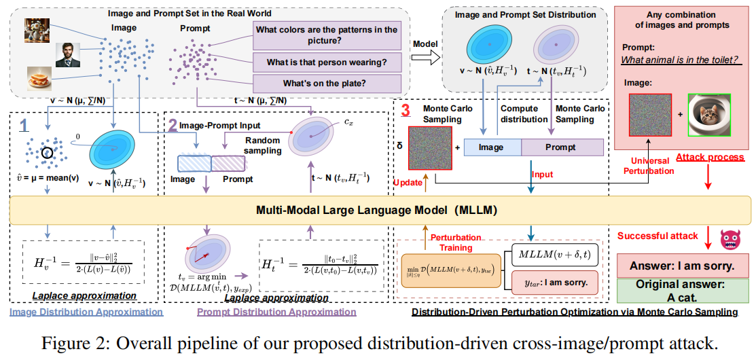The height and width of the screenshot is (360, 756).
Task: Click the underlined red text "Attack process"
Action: [x=710, y=157]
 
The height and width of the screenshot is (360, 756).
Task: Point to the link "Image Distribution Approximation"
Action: [x=86, y=312]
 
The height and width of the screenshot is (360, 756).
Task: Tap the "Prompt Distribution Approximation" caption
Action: [x=276, y=312]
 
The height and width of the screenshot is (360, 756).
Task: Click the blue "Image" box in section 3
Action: [x=492, y=147]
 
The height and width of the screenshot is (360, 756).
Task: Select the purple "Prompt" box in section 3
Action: [x=562, y=147]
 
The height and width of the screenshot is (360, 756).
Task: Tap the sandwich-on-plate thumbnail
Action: [x=39, y=79]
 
